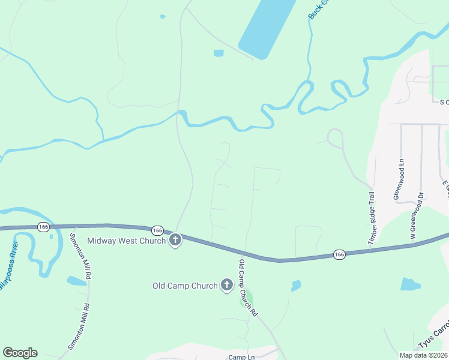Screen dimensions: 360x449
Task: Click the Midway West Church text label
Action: point(126,241)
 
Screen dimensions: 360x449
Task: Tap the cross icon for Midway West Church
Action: point(175,241)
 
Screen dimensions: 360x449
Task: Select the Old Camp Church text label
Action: point(185,286)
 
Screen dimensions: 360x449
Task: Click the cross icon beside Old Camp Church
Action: point(227,286)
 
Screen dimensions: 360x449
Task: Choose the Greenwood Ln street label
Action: point(398,179)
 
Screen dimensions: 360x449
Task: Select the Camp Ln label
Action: point(241,357)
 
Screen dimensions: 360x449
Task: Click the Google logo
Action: point(20,353)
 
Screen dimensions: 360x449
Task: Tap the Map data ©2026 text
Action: point(423,355)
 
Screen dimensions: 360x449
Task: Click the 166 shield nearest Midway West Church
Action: point(157,230)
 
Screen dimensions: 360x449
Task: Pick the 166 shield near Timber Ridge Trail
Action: point(339,255)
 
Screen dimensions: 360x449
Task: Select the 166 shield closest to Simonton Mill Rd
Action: point(43,227)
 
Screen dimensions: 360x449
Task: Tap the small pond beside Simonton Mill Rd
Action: point(76,281)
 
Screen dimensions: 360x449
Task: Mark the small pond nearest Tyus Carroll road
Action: point(410,284)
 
